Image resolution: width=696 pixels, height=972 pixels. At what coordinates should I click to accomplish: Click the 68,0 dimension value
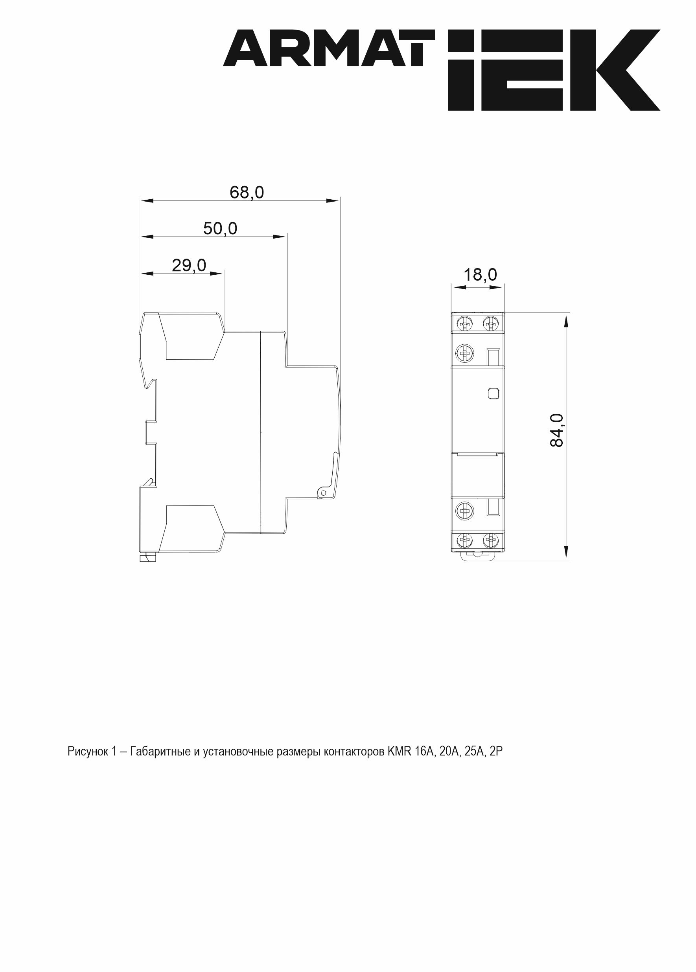tap(247, 193)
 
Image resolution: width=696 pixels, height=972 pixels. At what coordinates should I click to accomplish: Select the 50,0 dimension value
tap(220, 229)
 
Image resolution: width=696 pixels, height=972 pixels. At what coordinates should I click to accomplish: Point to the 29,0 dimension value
tap(189, 266)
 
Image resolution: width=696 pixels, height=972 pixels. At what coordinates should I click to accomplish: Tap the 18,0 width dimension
tap(481, 275)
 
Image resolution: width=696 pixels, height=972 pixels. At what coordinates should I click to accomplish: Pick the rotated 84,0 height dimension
tap(557, 430)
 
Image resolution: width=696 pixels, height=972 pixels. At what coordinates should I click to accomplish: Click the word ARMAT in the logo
tap(329, 48)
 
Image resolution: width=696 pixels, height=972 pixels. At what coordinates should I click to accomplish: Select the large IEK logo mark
tap(554, 70)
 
